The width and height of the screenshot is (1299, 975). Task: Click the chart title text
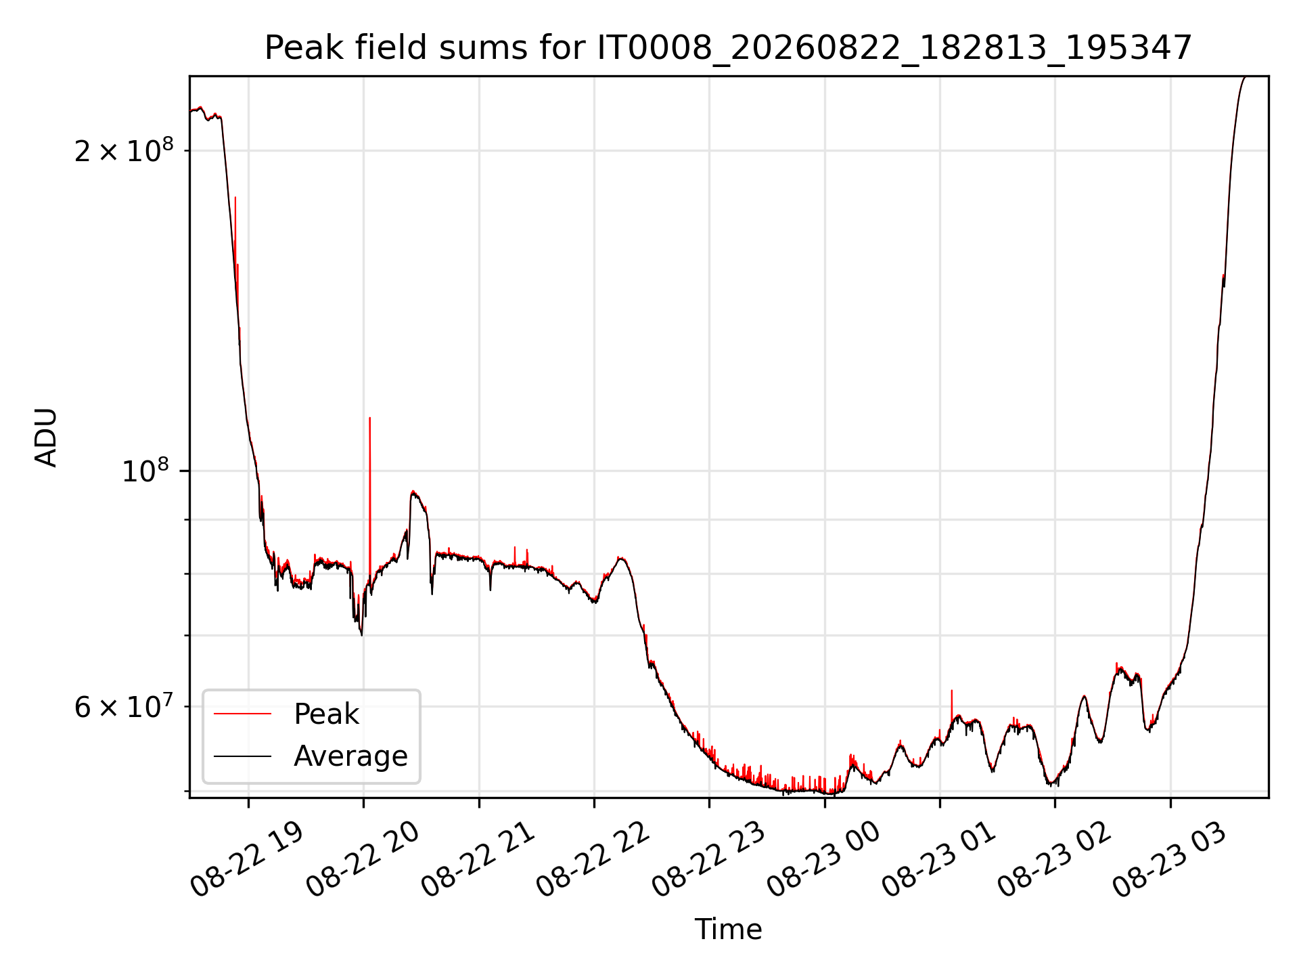point(728,48)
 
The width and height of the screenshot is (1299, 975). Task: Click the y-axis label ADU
point(46,437)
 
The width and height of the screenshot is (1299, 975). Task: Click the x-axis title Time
point(728,930)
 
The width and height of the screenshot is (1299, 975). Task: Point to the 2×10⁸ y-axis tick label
point(123,150)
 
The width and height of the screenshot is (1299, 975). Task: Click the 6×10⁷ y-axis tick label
point(123,706)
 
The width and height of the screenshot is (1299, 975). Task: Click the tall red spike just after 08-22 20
point(369,501)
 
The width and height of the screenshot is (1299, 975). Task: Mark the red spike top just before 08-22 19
point(235,197)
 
